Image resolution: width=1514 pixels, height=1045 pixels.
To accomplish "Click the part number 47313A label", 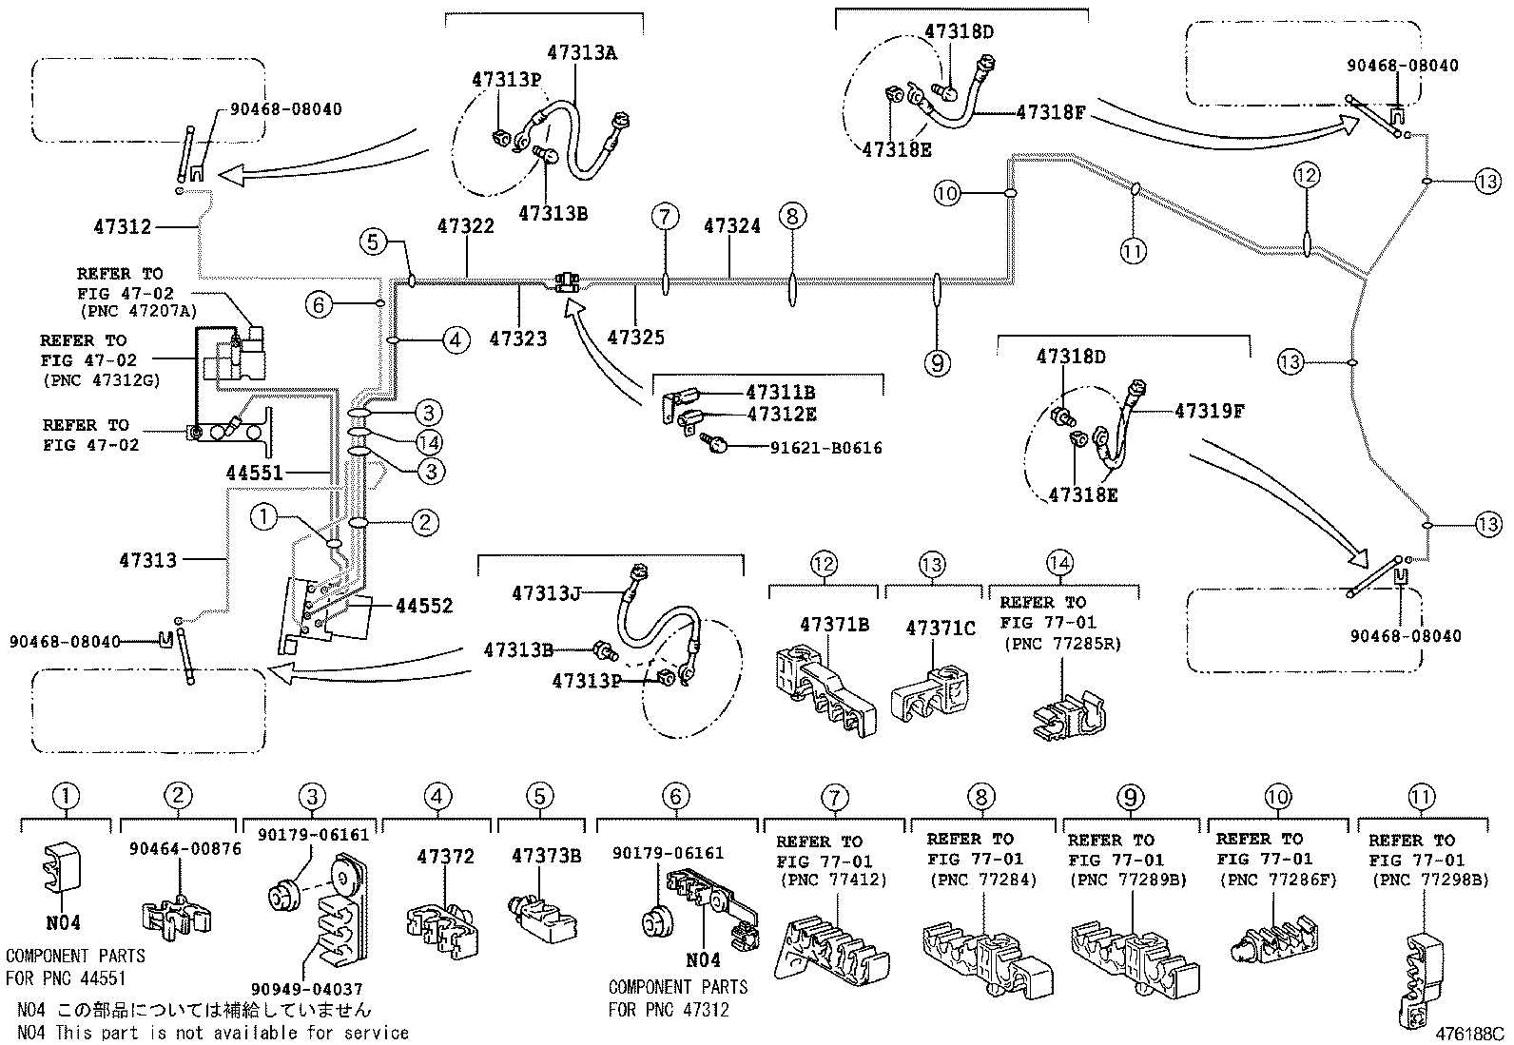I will [x=581, y=53].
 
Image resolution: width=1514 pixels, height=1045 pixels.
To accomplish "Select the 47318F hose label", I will [x=1051, y=112].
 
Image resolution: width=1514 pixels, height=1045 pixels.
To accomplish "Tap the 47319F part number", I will [x=1210, y=411].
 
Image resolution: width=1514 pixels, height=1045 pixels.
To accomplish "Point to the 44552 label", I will [x=424, y=606].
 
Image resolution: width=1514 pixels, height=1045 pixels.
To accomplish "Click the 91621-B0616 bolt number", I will [x=825, y=447].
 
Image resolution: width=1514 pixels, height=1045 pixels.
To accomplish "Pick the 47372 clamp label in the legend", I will [x=445, y=856].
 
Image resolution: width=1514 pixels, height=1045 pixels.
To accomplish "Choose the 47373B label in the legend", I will [x=546, y=856].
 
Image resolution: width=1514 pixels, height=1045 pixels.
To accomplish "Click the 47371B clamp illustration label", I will [x=835, y=625].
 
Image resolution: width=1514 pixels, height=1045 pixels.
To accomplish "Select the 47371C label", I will [x=941, y=629].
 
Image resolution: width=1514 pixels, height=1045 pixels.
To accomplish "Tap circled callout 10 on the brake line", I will [x=947, y=194].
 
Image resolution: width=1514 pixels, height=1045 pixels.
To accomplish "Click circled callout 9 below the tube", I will [x=938, y=362].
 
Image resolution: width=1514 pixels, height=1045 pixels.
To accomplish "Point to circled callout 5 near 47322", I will [x=374, y=242].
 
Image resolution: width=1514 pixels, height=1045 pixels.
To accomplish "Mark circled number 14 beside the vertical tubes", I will [x=429, y=441].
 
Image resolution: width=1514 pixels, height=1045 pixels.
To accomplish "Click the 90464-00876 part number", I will [x=185, y=848].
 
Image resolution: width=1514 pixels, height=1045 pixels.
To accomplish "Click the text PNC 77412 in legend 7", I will [x=833, y=881].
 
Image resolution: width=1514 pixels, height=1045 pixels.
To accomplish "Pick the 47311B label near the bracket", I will [x=780, y=392].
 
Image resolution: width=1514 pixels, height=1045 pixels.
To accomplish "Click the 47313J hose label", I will [x=545, y=593].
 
